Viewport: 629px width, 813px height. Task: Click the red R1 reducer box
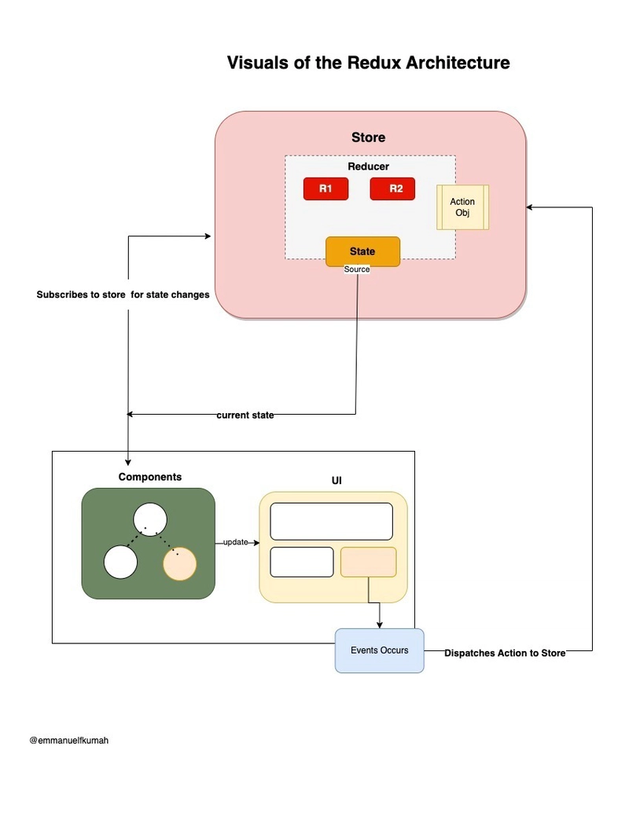click(x=326, y=189)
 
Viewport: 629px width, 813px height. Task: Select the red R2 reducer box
click(x=392, y=189)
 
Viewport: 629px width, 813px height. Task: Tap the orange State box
click(x=362, y=251)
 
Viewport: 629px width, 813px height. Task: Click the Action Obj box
click(x=462, y=207)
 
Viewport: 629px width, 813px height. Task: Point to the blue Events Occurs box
click(x=380, y=650)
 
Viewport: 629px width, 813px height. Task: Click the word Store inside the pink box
click(x=369, y=137)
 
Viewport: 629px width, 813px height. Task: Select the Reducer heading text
click(x=369, y=167)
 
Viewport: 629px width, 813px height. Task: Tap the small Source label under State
click(x=357, y=269)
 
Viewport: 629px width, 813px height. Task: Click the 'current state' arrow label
click(x=245, y=415)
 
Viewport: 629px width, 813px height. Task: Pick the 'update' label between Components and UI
click(x=236, y=542)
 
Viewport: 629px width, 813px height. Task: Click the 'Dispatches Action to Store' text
click(x=505, y=653)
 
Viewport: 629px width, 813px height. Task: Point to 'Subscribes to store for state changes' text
click(x=123, y=295)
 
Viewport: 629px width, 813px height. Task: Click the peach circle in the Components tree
click(x=179, y=563)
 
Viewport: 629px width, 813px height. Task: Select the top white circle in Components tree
click(x=150, y=519)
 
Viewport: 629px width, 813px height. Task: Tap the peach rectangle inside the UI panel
click(x=369, y=562)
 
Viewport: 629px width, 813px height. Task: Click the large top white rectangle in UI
click(x=332, y=522)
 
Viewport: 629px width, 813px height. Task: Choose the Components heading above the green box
click(x=150, y=477)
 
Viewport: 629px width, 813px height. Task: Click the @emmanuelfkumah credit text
click(x=69, y=741)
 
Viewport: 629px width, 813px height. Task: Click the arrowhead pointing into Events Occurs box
click(x=380, y=625)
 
